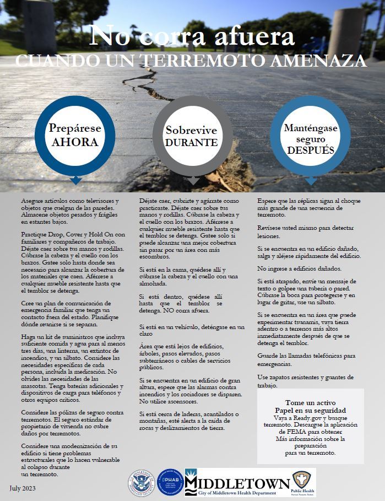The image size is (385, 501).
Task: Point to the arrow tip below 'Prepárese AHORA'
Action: click(x=75, y=181)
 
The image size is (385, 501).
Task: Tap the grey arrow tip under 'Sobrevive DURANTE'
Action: click(x=192, y=181)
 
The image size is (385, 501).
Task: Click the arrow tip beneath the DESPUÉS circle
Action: click(x=311, y=181)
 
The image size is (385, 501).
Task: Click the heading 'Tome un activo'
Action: click(x=311, y=402)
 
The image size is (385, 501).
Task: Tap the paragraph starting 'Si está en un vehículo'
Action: click(x=191, y=330)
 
